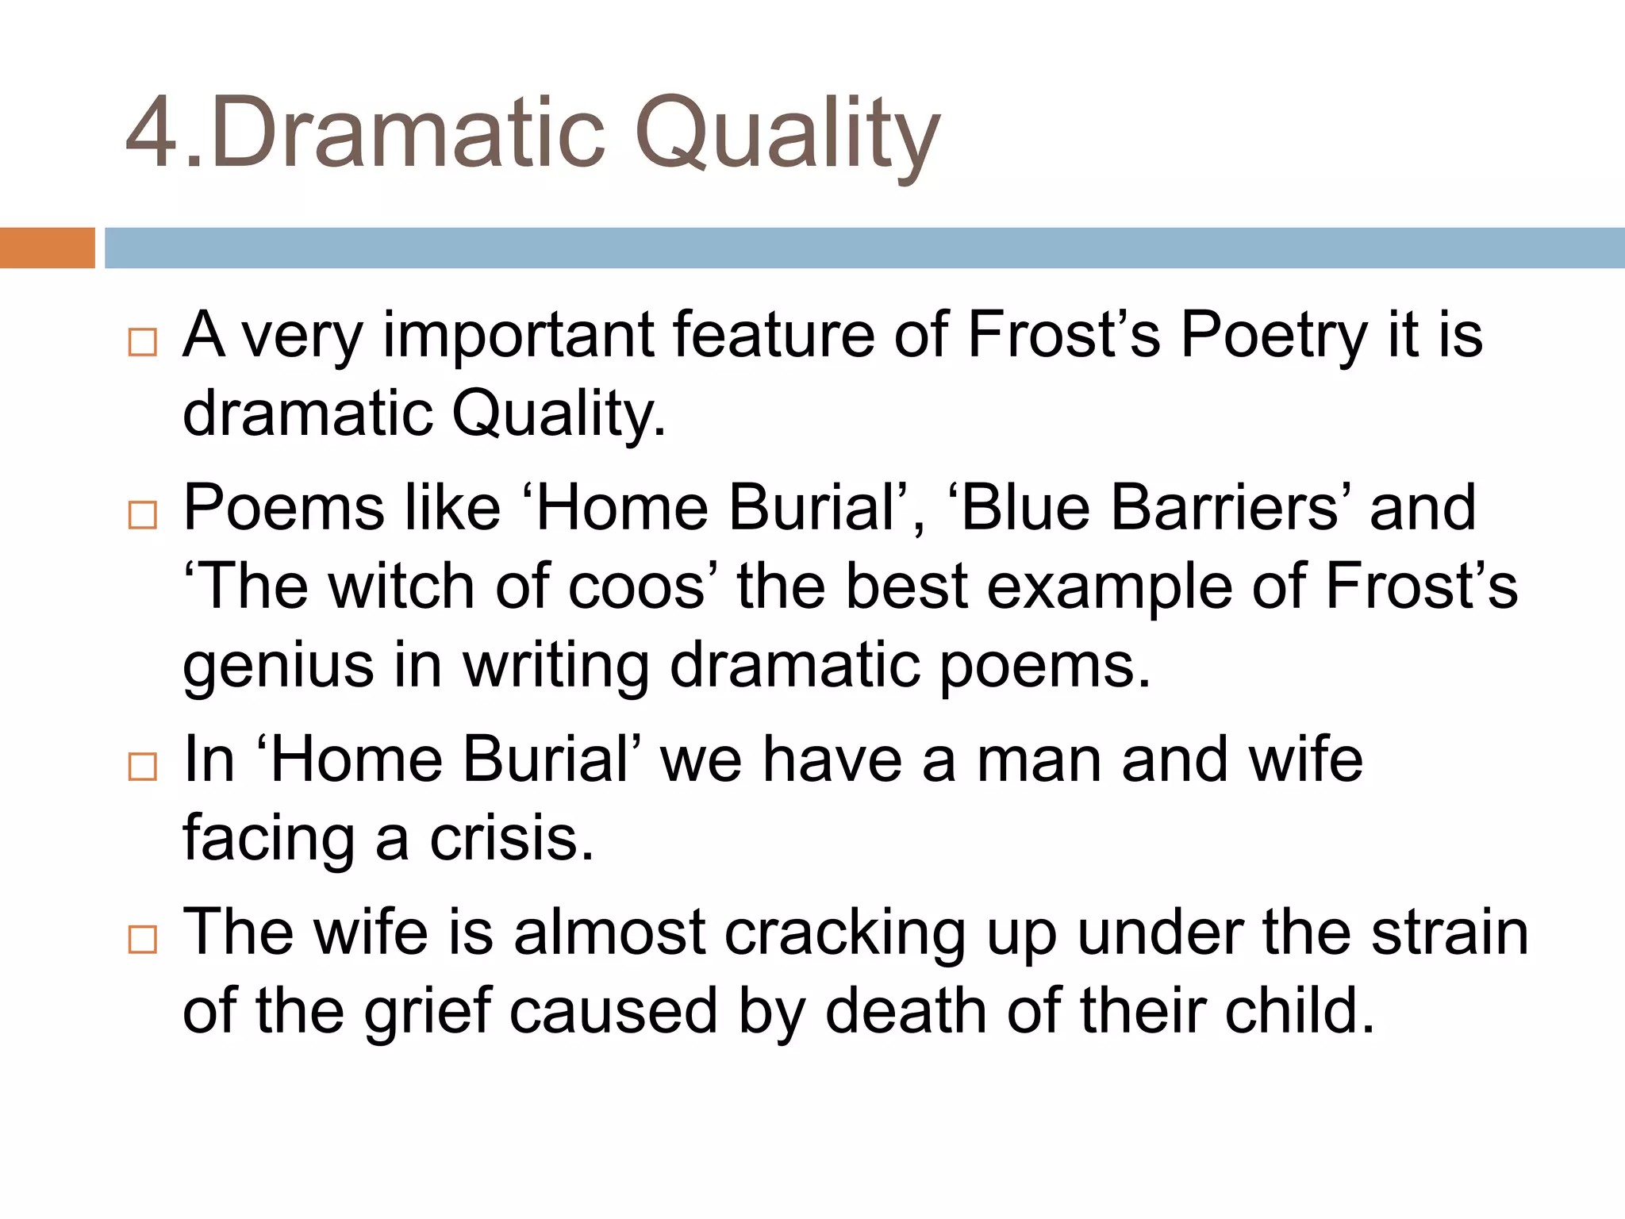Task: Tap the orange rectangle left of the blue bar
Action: (47, 248)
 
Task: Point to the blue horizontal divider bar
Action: (864, 248)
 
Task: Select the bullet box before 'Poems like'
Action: (143, 515)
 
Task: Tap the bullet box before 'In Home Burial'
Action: (143, 767)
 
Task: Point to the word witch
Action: (401, 587)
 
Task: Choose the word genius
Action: (278, 667)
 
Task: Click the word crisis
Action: (511, 839)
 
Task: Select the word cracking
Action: (845, 933)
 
